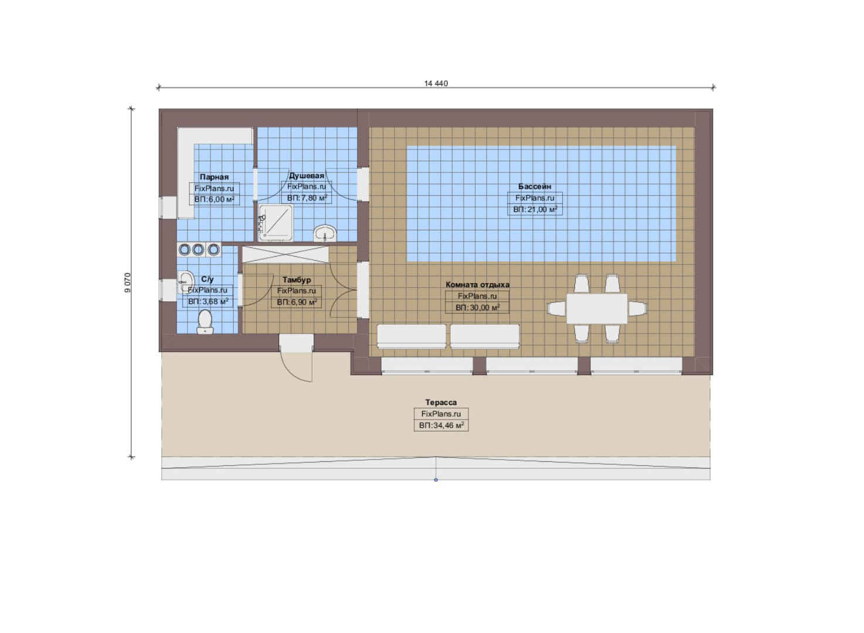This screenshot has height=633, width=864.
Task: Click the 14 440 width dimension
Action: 436,83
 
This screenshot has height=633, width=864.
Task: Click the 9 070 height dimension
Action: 128,283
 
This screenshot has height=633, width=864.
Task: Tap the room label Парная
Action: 214,177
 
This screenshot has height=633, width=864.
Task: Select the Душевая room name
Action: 307,175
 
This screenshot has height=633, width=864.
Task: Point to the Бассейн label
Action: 535,186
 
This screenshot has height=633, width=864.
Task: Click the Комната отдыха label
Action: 478,285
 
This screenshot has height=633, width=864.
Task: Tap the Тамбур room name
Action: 297,280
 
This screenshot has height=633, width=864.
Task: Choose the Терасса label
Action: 441,402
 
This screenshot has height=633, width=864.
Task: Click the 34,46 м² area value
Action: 441,426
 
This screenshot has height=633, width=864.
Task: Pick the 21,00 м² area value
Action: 535,209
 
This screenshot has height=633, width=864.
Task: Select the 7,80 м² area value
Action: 307,198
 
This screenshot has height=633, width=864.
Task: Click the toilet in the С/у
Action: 205,322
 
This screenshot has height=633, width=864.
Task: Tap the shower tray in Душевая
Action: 275,223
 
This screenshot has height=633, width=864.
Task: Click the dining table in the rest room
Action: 597,309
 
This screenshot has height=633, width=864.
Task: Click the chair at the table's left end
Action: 557,309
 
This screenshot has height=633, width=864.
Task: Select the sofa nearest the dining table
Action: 485,336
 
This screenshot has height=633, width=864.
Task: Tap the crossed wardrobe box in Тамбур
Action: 285,254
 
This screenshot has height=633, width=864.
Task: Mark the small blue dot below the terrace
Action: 436,480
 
